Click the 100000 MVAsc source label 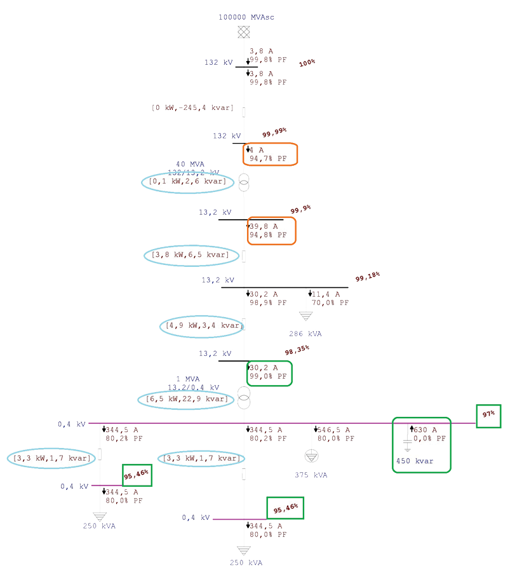[244, 16]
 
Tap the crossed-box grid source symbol [243, 32]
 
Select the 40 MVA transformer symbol [244, 182]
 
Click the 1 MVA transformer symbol [244, 397]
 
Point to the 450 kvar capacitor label [415, 461]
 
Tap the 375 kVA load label [311, 475]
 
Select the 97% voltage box [488, 415]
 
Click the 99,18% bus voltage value [368, 277]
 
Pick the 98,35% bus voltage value [297, 351]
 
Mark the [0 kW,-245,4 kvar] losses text [192, 108]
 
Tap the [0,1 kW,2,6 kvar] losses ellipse [187, 182]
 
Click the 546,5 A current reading [332, 430]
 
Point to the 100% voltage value [307, 63]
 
